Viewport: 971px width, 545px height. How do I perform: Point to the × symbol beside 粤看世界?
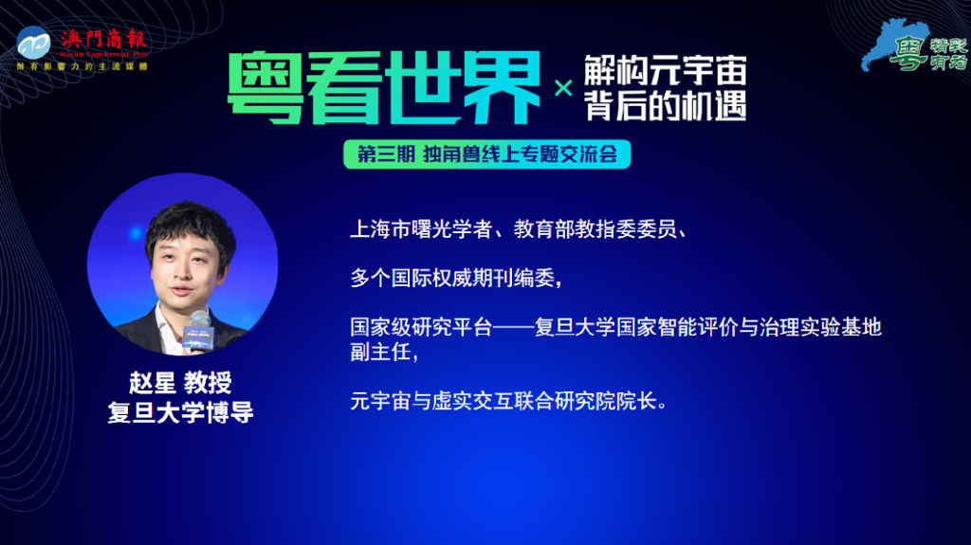(x=563, y=89)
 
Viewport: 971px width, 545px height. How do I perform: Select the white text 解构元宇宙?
(x=665, y=70)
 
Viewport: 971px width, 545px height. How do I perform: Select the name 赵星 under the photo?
(x=153, y=384)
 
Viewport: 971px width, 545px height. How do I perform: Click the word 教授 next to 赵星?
(x=208, y=384)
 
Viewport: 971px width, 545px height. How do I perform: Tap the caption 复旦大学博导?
(x=180, y=413)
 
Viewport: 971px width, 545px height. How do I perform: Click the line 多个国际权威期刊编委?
(x=456, y=279)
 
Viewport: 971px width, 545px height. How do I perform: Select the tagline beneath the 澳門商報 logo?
(x=82, y=66)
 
